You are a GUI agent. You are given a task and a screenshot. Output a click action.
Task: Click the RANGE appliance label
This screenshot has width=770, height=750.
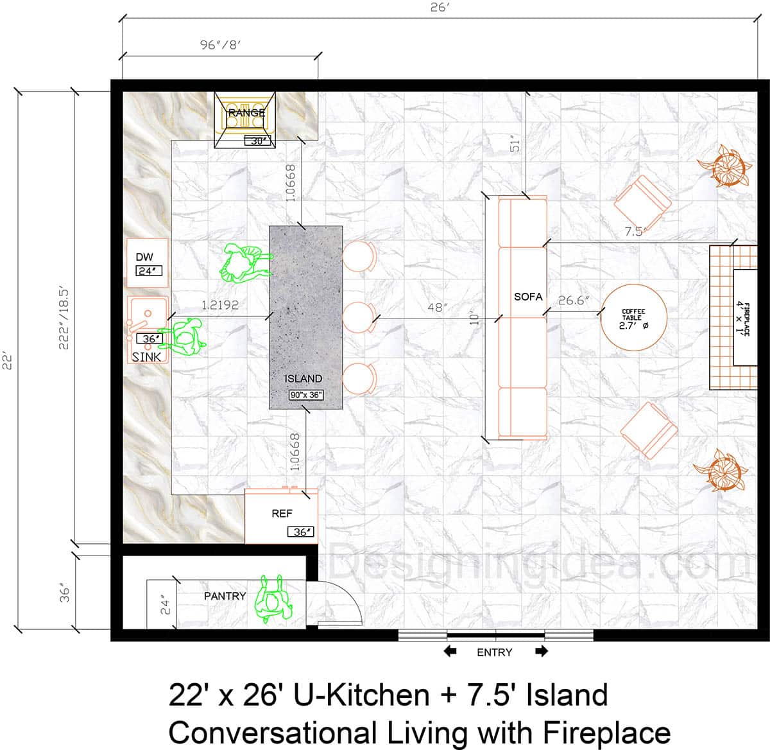[246, 113]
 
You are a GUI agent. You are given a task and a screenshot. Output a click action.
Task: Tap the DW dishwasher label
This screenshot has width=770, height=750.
[144, 257]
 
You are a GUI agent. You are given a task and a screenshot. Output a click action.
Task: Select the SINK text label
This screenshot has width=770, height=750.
[147, 356]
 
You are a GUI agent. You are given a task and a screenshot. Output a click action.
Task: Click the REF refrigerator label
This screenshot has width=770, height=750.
[282, 514]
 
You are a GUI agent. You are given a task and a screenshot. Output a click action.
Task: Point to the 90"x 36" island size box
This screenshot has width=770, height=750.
[305, 396]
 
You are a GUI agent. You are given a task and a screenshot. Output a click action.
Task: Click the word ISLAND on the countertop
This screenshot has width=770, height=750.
[303, 379]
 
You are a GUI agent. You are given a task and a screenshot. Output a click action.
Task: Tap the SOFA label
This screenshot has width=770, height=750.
[528, 297]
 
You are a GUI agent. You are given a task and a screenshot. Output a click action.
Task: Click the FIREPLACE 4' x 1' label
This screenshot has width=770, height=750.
[742, 317]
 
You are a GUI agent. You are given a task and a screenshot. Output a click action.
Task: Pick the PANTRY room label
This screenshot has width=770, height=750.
[225, 596]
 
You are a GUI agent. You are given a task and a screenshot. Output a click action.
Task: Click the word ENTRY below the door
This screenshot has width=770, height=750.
[494, 652]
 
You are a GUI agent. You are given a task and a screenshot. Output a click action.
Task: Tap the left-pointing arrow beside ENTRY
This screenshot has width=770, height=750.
[450, 652]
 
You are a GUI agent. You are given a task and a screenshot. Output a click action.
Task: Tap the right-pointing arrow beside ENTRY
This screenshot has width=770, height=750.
[542, 652]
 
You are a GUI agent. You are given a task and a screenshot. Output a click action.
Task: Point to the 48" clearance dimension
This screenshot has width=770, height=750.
[437, 308]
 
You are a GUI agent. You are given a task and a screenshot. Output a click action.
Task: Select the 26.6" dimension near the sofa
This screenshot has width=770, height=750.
[574, 301]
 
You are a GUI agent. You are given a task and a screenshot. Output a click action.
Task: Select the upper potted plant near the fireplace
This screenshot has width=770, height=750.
[728, 165]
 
